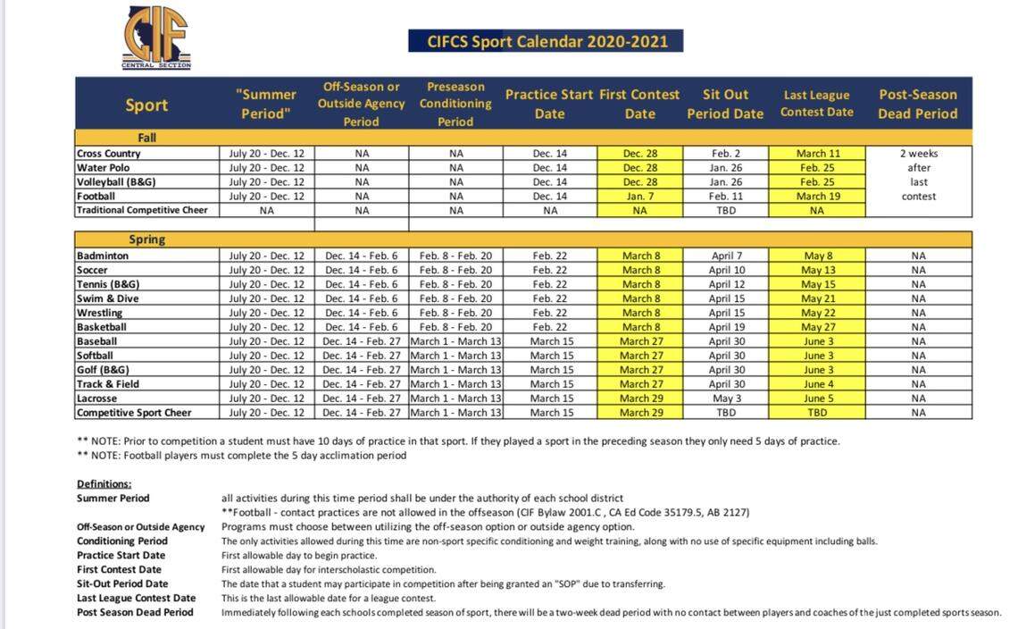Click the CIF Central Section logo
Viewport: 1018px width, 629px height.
coord(156,38)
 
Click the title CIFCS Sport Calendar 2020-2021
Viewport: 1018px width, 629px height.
coord(545,41)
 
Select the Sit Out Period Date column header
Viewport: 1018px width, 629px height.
coord(725,104)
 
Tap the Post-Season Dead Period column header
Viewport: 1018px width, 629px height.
coord(918,104)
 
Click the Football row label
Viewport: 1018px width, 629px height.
coord(96,196)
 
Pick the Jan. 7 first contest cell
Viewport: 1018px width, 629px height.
coord(639,196)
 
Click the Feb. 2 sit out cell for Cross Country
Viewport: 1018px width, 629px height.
coord(725,153)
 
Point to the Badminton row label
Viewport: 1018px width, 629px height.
coord(103,256)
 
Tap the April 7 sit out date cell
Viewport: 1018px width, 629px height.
coord(725,256)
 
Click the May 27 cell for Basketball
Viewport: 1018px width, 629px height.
coord(817,327)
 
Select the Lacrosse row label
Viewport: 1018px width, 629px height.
coord(97,398)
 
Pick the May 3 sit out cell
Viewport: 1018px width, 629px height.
coord(725,398)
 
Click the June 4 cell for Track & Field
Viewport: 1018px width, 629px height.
coord(817,384)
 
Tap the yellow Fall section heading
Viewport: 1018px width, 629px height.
coord(146,138)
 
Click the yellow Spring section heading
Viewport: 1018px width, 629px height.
coord(146,240)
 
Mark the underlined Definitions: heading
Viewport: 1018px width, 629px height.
coord(104,483)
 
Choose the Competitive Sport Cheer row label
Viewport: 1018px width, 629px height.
coord(134,413)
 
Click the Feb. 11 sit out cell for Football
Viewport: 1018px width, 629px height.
coord(725,196)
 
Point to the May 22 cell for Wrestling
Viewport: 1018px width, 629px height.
coord(817,313)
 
